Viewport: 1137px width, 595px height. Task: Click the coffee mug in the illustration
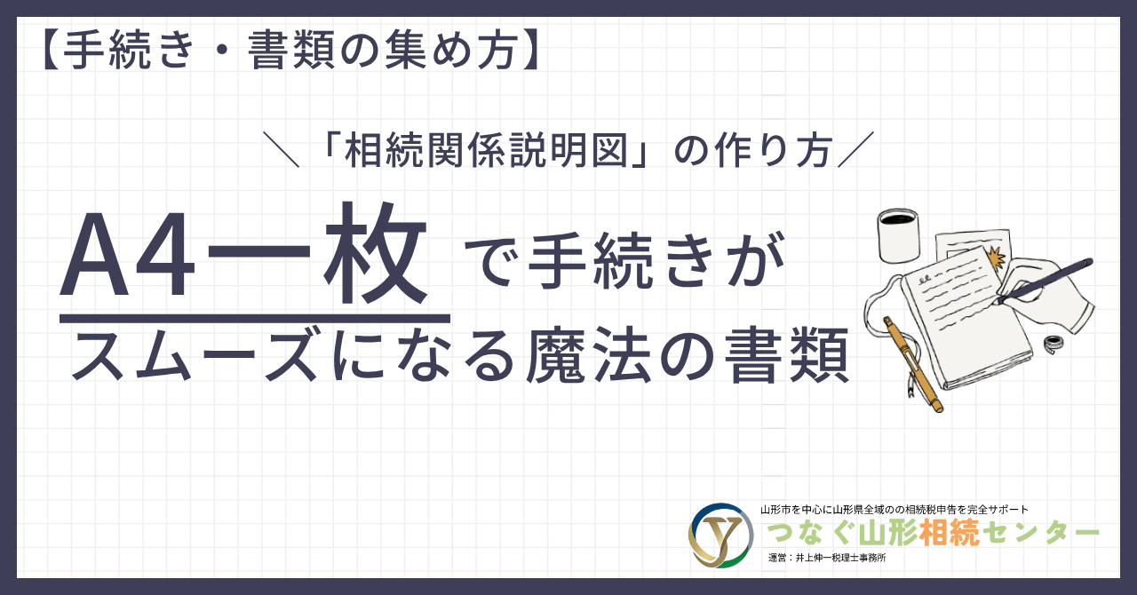[899, 235]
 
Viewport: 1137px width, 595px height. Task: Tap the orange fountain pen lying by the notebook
[912, 364]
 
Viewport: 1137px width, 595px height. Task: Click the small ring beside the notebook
[1054, 345]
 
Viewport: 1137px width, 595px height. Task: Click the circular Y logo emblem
[720, 535]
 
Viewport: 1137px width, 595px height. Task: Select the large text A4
[127, 254]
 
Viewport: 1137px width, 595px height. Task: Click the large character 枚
[376, 252]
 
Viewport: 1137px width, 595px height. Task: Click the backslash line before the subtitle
[281, 149]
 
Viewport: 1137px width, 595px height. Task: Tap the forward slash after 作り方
[855, 149]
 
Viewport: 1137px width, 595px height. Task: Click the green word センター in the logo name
[1041, 533]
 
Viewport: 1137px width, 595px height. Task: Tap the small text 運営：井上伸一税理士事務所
[827, 558]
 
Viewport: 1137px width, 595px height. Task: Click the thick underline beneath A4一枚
[255, 319]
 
